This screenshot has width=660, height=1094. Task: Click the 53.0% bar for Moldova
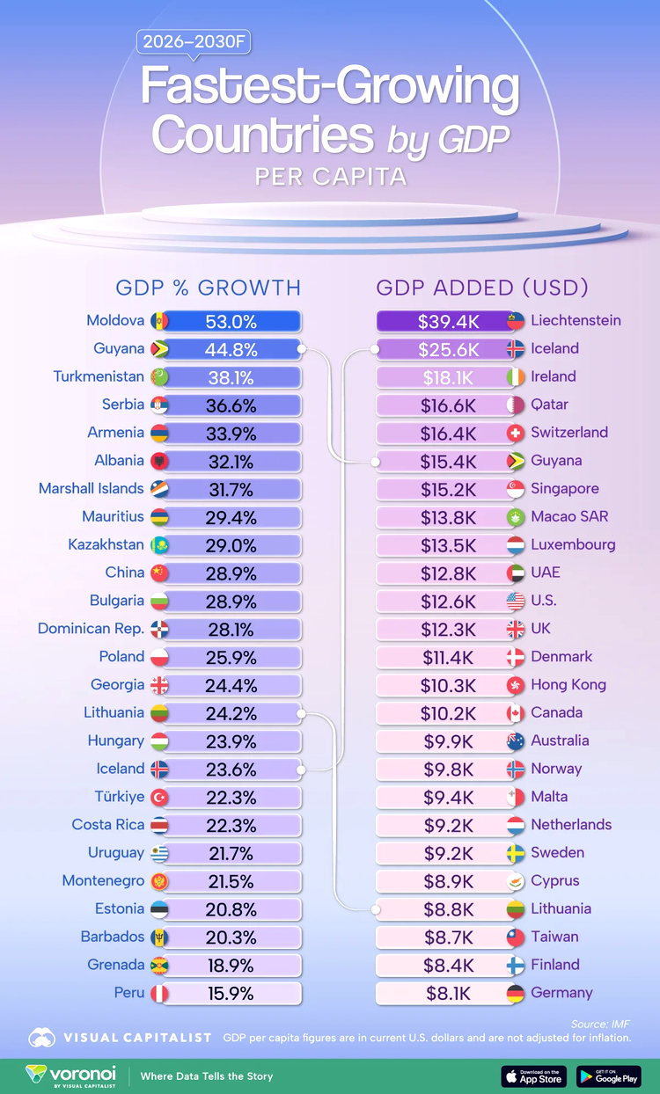click(x=231, y=321)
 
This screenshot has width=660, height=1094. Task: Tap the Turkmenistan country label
click(x=99, y=376)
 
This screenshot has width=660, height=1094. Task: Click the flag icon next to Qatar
click(x=516, y=405)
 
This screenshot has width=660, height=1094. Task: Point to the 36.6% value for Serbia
click(x=231, y=405)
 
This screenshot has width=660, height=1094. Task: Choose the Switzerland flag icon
click(x=516, y=433)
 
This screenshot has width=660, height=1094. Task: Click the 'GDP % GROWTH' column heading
click(x=209, y=288)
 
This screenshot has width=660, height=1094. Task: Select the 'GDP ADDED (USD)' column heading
click(x=482, y=288)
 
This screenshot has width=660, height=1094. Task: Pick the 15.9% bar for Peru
click(x=231, y=993)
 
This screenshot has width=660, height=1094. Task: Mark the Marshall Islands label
click(x=91, y=488)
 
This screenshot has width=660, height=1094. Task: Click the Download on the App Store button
click(x=534, y=1076)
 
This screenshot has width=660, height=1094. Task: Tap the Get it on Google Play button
click(x=609, y=1076)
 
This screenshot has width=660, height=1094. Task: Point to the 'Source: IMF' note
click(x=601, y=1024)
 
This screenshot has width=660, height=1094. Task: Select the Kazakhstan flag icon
click(x=160, y=545)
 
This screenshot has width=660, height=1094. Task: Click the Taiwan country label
click(x=554, y=936)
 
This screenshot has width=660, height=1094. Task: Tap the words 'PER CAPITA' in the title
click(x=330, y=177)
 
